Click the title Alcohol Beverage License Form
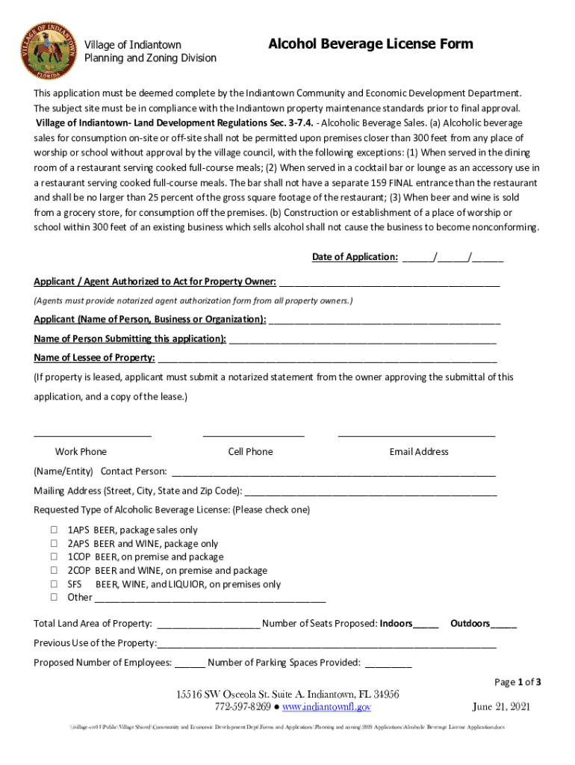370,44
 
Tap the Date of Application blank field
452,257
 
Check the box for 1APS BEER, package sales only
54,530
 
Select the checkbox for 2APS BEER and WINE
54,543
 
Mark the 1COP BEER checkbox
54,557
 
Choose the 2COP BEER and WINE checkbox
54,570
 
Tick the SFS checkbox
54,583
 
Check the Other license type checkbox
54,597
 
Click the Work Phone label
81,451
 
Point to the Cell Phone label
250,451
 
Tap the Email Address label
419,451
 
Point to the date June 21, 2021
501,707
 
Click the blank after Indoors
426,624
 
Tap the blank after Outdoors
504,624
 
